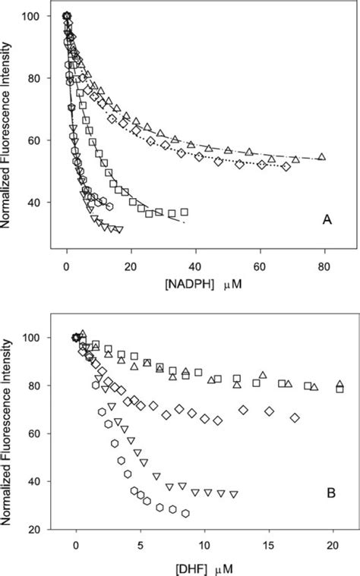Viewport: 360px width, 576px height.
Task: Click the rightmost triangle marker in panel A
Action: [x=322, y=157]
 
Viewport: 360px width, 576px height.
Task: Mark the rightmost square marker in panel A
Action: [x=184, y=212]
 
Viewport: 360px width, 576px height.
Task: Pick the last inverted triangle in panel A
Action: [x=118, y=229]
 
